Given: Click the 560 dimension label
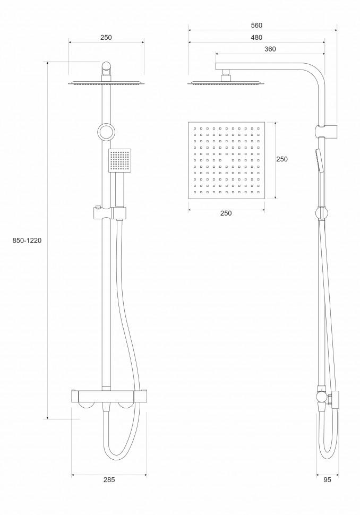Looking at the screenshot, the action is (256, 25).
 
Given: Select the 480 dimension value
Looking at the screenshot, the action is (256, 38).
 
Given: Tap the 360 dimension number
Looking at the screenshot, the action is (270, 49).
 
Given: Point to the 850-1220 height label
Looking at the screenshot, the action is (27, 240).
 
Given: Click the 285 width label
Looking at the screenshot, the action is (109, 479).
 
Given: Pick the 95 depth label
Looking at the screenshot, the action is (327, 479).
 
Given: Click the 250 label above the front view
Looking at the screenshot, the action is (106, 38).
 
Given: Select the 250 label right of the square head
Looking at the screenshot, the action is (281, 159).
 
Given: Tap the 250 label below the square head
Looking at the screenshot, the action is (226, 213).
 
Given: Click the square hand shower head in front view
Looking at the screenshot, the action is (119, 160).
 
